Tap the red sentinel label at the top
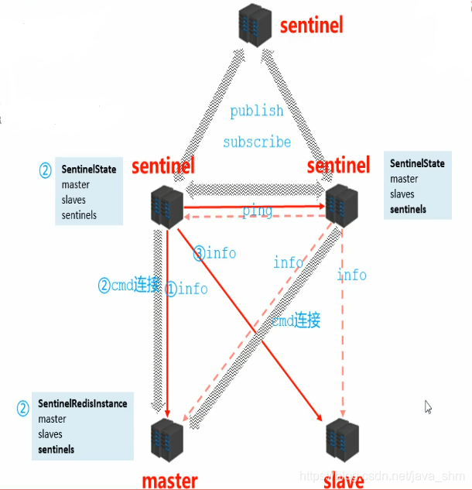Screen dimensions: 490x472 click(311, 25)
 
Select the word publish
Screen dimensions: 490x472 click(257, 111)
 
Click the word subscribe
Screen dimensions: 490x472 click(257, 142)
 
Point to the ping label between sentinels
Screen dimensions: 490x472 click(257, 211)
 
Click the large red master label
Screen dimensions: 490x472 click(169, 480)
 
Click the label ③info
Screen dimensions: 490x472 click(214, 253)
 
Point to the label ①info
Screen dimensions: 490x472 click(186, 289)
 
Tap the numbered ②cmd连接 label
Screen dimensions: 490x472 click(129, 286)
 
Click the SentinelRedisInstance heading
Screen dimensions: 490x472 click(83, 403)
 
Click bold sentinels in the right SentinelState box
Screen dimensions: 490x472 click(408, 210)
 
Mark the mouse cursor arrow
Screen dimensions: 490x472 click(429, 406)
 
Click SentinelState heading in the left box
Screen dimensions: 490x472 click(89, 169)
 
